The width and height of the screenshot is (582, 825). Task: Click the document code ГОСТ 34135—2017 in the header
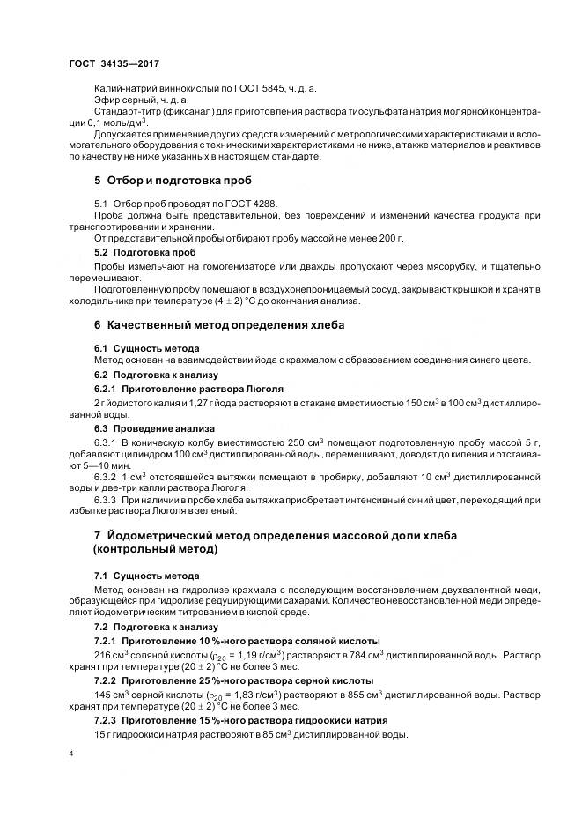[x=114, y=63]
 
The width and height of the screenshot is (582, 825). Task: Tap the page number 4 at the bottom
[x=71, y=755]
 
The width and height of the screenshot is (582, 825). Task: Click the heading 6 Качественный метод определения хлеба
[x=218, y=324]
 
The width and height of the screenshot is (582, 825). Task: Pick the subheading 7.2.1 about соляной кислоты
[x=237, y=642]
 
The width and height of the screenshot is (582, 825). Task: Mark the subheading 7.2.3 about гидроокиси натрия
[x=239, y=722]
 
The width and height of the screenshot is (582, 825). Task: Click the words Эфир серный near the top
[x=122, y=100]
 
